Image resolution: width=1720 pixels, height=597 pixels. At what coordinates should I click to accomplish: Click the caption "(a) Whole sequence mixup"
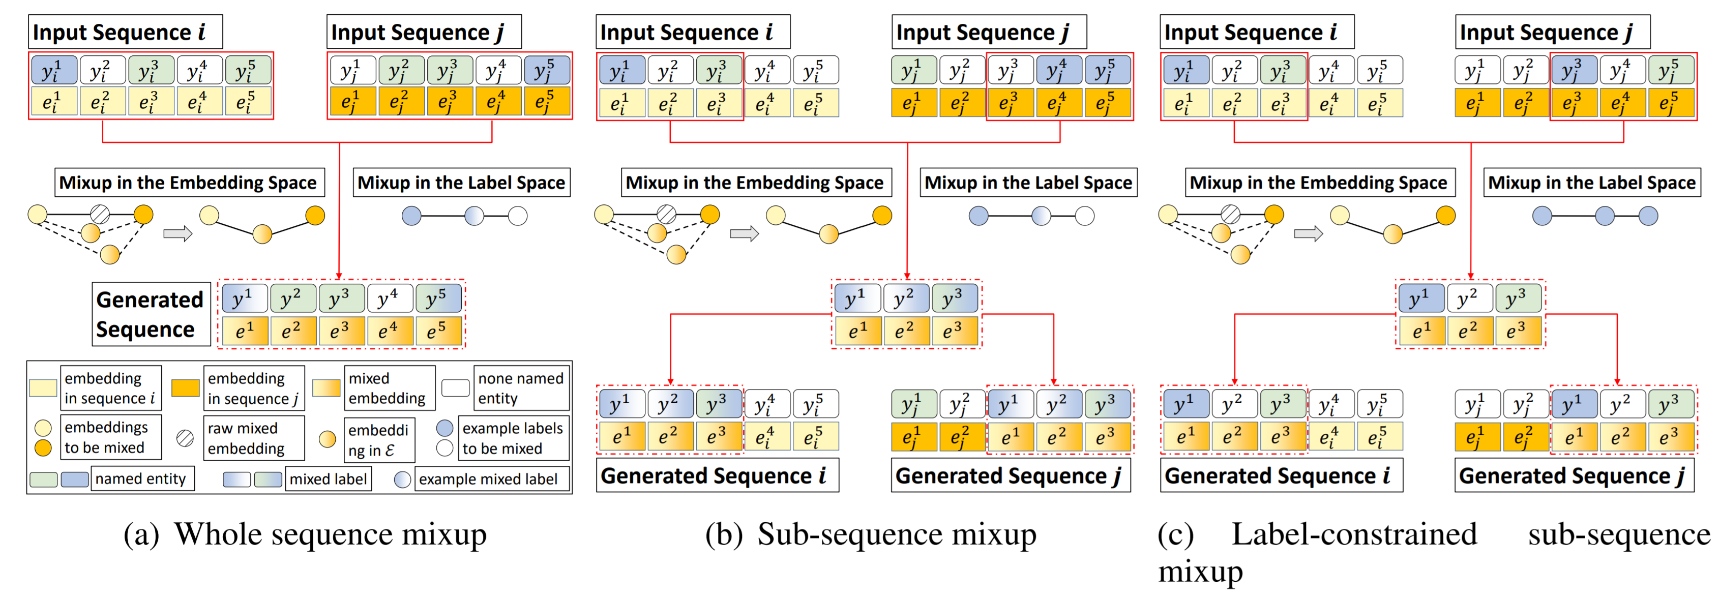(x=305, y=534)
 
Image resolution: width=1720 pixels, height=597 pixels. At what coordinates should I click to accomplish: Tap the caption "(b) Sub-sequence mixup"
(x=871, y=534)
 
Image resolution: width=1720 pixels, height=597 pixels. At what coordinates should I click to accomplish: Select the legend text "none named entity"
(x=521, y=388)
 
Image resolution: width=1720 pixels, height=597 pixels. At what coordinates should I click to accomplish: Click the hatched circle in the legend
(x=185, y=438)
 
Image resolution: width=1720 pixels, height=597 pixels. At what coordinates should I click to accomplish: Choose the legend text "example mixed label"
(x=488, y=479)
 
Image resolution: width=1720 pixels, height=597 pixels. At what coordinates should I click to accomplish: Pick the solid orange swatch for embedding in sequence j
(x=185, y=388)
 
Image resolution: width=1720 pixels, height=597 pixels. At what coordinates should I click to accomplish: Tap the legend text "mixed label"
(x=328, y=479)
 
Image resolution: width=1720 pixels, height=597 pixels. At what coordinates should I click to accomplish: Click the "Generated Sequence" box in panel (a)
(x=150, y=314)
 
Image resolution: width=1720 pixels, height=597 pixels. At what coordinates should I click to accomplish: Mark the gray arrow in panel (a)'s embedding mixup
(x=177, y=234)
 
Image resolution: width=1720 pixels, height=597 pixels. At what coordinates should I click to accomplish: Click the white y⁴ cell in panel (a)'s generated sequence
(x=387, y=298)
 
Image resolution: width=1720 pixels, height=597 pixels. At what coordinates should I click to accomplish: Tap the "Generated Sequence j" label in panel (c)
(x=1574, y=475)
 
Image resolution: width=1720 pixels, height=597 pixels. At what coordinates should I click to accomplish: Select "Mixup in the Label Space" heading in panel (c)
(x=1592, y=183)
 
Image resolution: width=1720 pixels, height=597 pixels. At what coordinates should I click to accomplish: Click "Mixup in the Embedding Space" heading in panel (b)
(x=755, y=183)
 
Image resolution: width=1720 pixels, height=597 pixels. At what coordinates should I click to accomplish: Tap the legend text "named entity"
(x=140, y=479)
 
